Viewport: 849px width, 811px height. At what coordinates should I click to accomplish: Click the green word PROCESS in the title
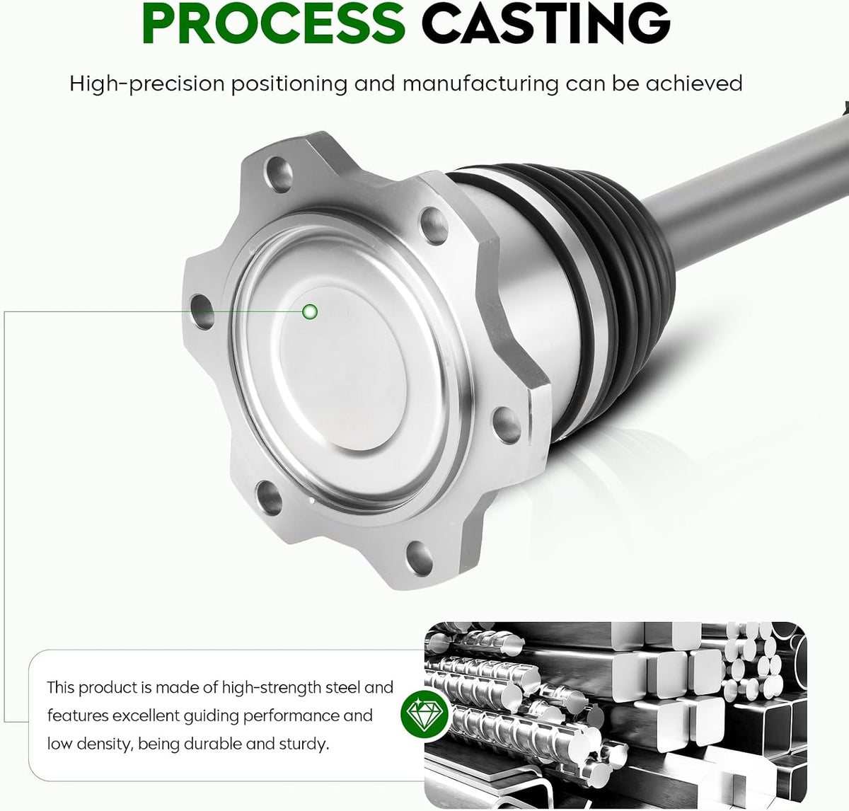coord(274,23)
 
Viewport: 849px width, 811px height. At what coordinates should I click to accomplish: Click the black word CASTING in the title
coord(545,23)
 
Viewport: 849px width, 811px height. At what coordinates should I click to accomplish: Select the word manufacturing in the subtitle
coord(480,84)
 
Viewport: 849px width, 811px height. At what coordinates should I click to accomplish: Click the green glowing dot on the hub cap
coord(310,311)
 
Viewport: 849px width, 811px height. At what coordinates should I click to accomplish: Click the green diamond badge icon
coord(424,714)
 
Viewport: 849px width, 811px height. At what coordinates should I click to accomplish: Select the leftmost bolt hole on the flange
coord(202,311)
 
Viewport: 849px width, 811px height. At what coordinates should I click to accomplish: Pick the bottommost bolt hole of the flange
coord(420,558)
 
